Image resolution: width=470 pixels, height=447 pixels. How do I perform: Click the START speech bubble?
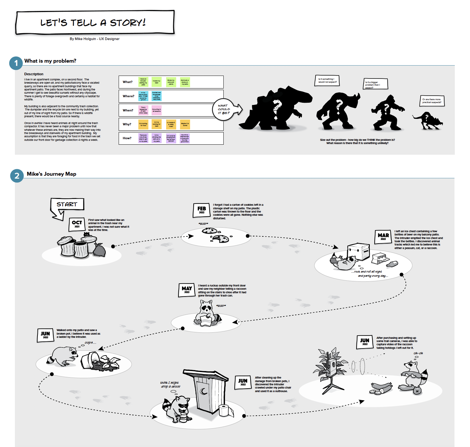pos(67,204)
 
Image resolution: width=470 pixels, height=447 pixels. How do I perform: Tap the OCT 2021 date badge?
pos(77,224)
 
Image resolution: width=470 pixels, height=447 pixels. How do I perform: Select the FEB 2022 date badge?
pos(202,210)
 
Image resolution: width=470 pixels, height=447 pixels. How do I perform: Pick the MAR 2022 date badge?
pos(383,237)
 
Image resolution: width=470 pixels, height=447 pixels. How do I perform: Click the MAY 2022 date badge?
pos(187,290)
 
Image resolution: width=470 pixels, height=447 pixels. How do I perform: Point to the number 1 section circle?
pos(16,63)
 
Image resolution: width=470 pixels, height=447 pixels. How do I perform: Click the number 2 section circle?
pos(17,176)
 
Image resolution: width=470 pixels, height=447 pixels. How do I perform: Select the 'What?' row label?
pos(128,82)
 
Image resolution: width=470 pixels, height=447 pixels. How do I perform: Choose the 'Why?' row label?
pos(127,124)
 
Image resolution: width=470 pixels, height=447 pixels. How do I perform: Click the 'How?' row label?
pos(127,138)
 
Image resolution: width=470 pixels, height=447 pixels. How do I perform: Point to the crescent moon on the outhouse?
pos(204,391)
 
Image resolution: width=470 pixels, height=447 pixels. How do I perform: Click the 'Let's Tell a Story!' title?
pos(93,23)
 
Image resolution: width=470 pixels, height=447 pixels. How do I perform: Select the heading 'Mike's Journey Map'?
pos(52,174)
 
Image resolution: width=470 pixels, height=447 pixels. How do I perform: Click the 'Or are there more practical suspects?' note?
pos(432,101)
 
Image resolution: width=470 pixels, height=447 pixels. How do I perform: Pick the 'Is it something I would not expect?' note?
pos(327,80)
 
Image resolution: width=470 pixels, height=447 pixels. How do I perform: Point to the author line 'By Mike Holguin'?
pos(94,39)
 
